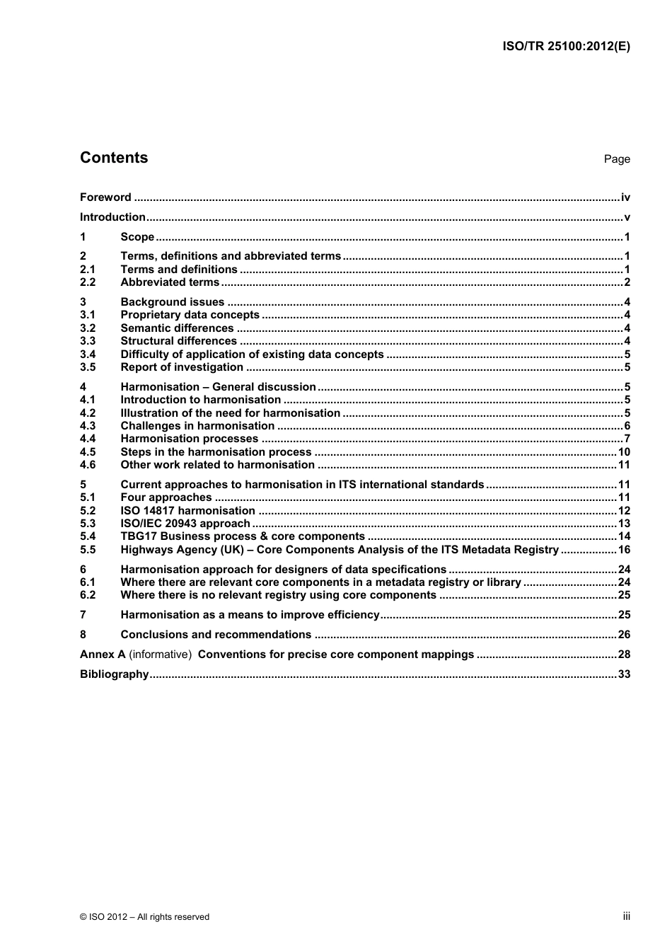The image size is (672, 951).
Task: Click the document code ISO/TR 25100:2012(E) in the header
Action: click(566, 47)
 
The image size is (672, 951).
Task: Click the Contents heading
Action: click(114, 158)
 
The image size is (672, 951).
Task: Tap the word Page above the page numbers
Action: click(616, 159)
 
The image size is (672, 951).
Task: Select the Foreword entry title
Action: click(105, 197)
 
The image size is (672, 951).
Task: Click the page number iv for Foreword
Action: click(625, 197)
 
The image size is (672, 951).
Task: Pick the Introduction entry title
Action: click(112, 217)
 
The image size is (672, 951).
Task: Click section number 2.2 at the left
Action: click(88, 282)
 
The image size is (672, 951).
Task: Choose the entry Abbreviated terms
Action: click(170, 282)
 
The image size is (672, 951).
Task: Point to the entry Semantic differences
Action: click(177, 328)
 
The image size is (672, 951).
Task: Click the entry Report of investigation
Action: click(182, 367)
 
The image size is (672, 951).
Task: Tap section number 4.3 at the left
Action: click(88, 426)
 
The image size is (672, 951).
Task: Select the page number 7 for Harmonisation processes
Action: click(627, 439)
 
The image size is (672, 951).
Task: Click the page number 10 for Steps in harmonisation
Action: click(624, 452)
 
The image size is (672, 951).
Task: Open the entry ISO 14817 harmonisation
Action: click(187, 511)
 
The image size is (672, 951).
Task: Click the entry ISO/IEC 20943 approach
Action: click(185, 524)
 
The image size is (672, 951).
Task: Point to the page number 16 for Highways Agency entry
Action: click(624, 550)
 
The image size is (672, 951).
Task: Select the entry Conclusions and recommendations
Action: click(216, 635)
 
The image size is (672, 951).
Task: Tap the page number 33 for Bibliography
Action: click(624, 674)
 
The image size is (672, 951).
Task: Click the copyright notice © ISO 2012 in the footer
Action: click(144, 917)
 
